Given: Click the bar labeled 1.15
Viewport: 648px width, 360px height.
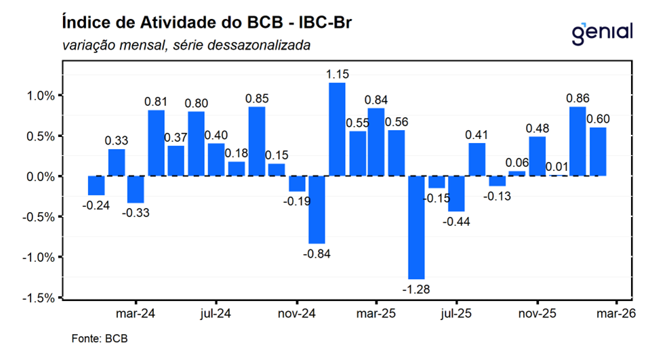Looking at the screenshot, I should pyautogui.click(x=337, y=129).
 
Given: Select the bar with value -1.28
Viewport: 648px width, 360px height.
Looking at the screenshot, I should pyautogui.click(x=417, y=227).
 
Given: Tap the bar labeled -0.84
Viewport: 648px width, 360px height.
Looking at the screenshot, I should pyautogui.click(x=317, y=209).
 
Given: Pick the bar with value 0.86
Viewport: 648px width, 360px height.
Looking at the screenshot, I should pyautogui.click(x=578, y=141).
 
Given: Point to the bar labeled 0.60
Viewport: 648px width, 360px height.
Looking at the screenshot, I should pyautogui.click(x=597, y=151).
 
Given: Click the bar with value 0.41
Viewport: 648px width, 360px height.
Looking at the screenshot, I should pyautogui.click(x=477, y=159).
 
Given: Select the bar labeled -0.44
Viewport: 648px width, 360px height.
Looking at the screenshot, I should pyautogui.click(x=457, y=194).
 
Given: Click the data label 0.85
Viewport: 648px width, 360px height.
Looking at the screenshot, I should pyautogui.click(x=256, y=99).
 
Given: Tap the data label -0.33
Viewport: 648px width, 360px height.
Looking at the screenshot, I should pyautogui.click(x=136, y=212).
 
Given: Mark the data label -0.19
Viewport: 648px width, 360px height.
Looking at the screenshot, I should pyautogui.click(x=297, y=201).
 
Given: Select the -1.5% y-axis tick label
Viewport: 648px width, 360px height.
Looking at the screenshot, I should pyautogui.click(x=39, y=298).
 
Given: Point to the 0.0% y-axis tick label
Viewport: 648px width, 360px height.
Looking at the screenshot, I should pyautogui.click(x=41, y=176).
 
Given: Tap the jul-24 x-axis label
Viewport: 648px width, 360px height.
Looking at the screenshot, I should pyautogui.click(x=216, y=315).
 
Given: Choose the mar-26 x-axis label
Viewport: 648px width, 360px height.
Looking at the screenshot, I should pyautogui.click(x=615, y=315).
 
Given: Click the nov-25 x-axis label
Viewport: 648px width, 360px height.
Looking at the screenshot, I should pyautogui.click(x=537, y=315).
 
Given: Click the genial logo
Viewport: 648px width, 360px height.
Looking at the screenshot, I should pyautogui.click(x=602, y=32).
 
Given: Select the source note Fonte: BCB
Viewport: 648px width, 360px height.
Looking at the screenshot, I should pyautogui.click(x=100, y=338).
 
